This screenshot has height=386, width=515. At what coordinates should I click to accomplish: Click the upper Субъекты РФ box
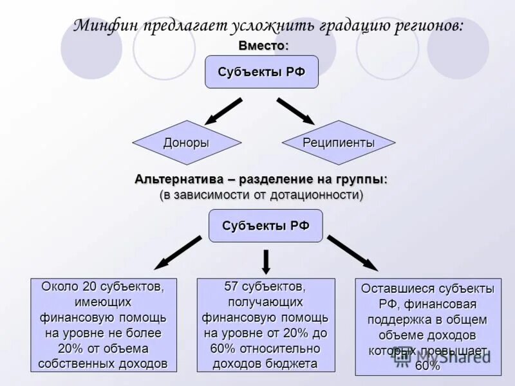point(261,71)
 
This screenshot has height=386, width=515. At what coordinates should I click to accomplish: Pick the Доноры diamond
point(186,143)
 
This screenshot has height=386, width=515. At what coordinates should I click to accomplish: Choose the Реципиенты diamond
point(339,143)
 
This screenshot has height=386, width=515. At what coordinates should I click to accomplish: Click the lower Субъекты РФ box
point(265,226)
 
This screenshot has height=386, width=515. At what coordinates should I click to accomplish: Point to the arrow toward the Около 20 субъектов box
point(177,252)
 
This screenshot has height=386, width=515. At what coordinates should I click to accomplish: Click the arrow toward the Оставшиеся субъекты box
point(352,252)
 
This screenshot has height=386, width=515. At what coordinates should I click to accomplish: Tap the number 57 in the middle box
point(231,286)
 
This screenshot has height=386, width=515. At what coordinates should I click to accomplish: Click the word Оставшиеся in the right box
point(397,288)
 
